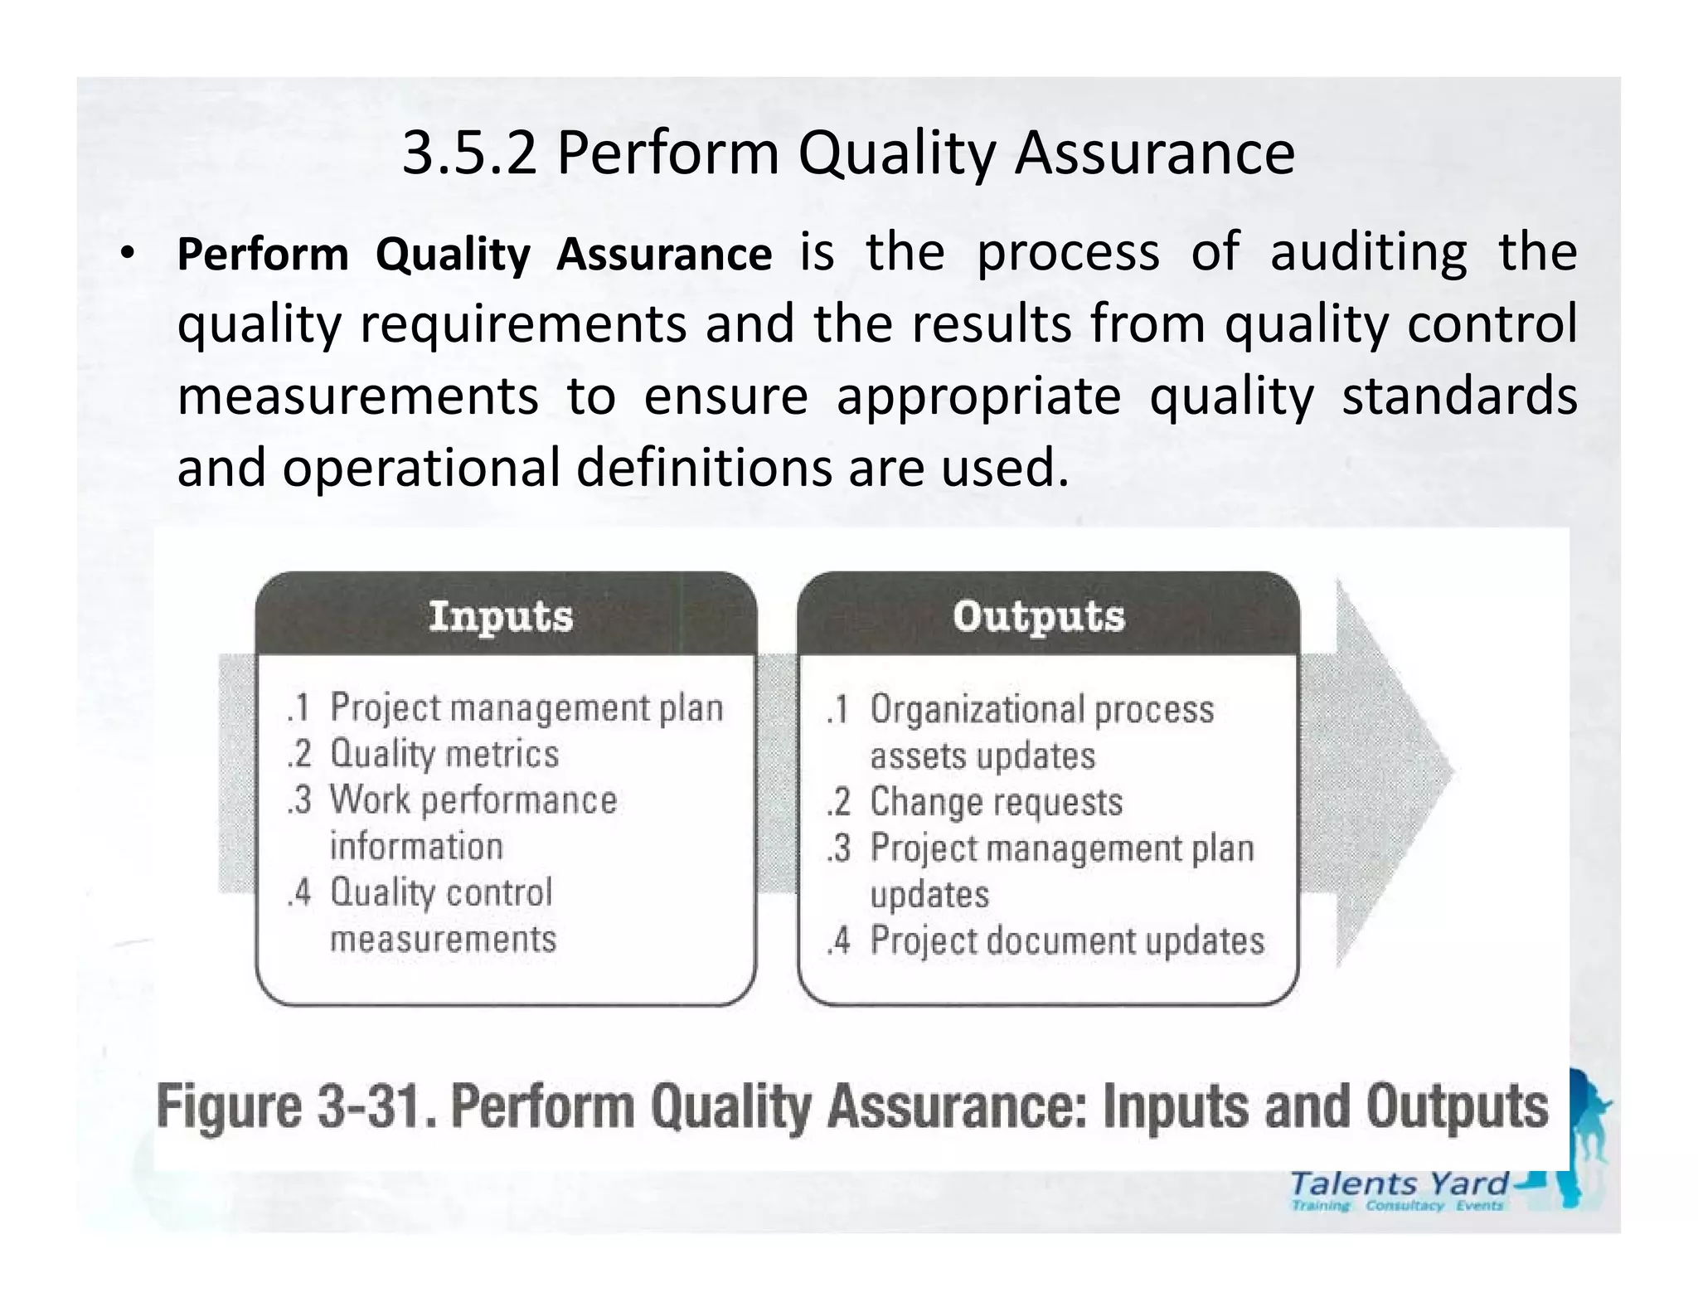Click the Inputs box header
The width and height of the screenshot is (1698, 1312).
point(501,616)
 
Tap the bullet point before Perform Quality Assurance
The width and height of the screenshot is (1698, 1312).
point(125,254)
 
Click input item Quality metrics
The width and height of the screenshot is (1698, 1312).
point(444,754)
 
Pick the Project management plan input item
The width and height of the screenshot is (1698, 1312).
point(526,708)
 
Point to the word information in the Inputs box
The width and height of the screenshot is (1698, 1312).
point(416,847)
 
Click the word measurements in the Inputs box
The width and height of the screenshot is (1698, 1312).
point(444,939)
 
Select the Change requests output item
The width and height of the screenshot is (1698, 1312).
point(996,802)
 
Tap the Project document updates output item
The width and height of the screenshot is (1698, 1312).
point(1067,940)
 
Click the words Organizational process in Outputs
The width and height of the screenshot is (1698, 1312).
point(1041,710)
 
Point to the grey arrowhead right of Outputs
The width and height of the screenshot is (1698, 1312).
point(1393,771)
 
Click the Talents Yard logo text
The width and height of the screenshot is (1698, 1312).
point(1400,1183)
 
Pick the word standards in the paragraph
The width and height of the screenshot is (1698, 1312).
point(1459,396)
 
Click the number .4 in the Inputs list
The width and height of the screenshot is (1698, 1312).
point(298,893)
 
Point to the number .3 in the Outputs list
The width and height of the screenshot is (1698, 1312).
point(839,848)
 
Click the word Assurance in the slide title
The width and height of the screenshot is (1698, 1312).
point(1154,154)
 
